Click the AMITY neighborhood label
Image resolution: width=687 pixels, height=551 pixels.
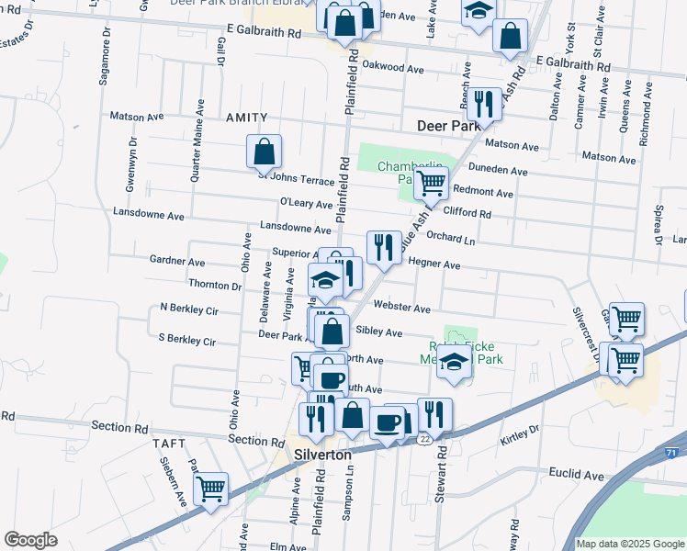[x=246, y=118]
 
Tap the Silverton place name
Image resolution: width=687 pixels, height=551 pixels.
[x=321, y=455]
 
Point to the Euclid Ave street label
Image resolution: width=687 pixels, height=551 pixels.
[x=580, y=475]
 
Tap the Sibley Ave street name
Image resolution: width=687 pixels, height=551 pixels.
[x=378, y=332]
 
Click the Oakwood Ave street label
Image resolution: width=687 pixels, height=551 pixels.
[x=392, y=67]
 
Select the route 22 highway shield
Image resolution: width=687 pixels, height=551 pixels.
[x=425, y=440]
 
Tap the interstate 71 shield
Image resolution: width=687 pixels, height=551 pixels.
[x=671, y=453]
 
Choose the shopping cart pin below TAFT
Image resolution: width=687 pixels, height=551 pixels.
[x=211, y=488]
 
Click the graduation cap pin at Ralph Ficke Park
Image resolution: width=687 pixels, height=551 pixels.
[x=454, y=362]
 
